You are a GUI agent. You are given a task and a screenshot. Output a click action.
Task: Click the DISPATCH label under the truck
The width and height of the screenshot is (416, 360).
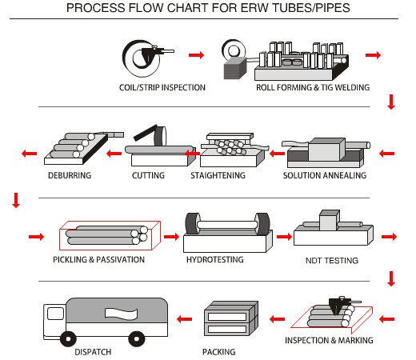click(93, 352)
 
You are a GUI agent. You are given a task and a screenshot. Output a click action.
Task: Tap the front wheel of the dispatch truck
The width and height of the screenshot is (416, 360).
click(68, 339)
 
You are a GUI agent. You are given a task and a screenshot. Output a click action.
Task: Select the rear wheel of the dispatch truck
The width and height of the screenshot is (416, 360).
click(137, 339)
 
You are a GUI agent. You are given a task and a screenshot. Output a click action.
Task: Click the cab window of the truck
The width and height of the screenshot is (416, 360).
click(55, 314)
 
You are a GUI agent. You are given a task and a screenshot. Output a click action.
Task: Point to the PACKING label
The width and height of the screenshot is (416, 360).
click(219, 352)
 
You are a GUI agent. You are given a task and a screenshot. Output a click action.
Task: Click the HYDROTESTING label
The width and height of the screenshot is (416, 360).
click(215, 259)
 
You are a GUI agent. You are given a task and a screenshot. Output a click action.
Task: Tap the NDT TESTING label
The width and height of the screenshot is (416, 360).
click(332, 260)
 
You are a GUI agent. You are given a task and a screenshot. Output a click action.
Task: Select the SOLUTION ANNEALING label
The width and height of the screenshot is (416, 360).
click(325, 175)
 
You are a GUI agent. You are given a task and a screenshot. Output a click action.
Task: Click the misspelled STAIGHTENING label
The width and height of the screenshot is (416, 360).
click(218, 175)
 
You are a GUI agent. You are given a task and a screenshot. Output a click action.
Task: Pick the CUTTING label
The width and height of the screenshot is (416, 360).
click(148, 175)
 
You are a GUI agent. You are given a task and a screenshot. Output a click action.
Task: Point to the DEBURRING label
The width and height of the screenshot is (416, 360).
click(70, 175)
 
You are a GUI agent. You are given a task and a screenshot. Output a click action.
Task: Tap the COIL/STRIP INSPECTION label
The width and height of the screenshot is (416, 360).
click(162, 87)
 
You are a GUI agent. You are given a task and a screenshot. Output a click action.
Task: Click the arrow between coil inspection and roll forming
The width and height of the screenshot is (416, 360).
click(196, 55)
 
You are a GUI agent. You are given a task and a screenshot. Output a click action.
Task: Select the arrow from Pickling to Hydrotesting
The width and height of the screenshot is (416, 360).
click(171, 237)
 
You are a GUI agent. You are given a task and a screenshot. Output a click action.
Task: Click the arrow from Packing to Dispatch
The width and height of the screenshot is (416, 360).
click(184, 319)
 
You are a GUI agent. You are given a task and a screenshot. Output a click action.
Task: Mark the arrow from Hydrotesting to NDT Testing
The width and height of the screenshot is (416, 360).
click(284, 237)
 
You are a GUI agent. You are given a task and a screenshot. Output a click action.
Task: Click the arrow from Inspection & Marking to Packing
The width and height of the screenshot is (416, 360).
click(277, 319)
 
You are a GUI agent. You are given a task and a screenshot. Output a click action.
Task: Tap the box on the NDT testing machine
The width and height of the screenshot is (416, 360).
click(330, 220)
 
